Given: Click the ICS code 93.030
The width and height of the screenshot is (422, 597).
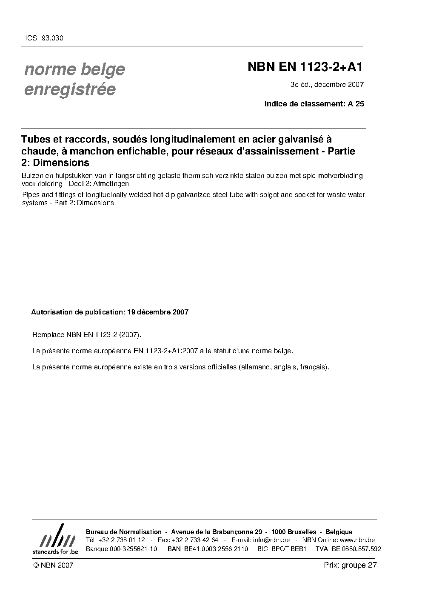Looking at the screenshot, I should tap(51, 38).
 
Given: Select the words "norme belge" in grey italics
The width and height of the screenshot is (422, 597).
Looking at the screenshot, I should tap(74, 69).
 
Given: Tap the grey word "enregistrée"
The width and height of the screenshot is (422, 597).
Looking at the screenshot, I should tap(70, 89).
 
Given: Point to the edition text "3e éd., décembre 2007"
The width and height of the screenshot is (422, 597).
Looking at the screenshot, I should tap(327, 84).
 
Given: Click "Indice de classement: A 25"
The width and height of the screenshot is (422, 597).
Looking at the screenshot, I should tap(314, 103).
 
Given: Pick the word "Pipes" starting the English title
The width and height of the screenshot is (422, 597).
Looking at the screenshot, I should tap(30, 195).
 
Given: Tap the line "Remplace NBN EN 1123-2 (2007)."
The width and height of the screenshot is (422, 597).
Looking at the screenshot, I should tap(87, 334).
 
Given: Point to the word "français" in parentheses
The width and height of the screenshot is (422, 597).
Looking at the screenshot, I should tap(313, 367).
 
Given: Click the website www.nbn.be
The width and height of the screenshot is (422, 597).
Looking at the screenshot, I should tap(359, 540).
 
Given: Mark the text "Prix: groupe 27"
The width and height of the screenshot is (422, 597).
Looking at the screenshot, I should tap(351, 565).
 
